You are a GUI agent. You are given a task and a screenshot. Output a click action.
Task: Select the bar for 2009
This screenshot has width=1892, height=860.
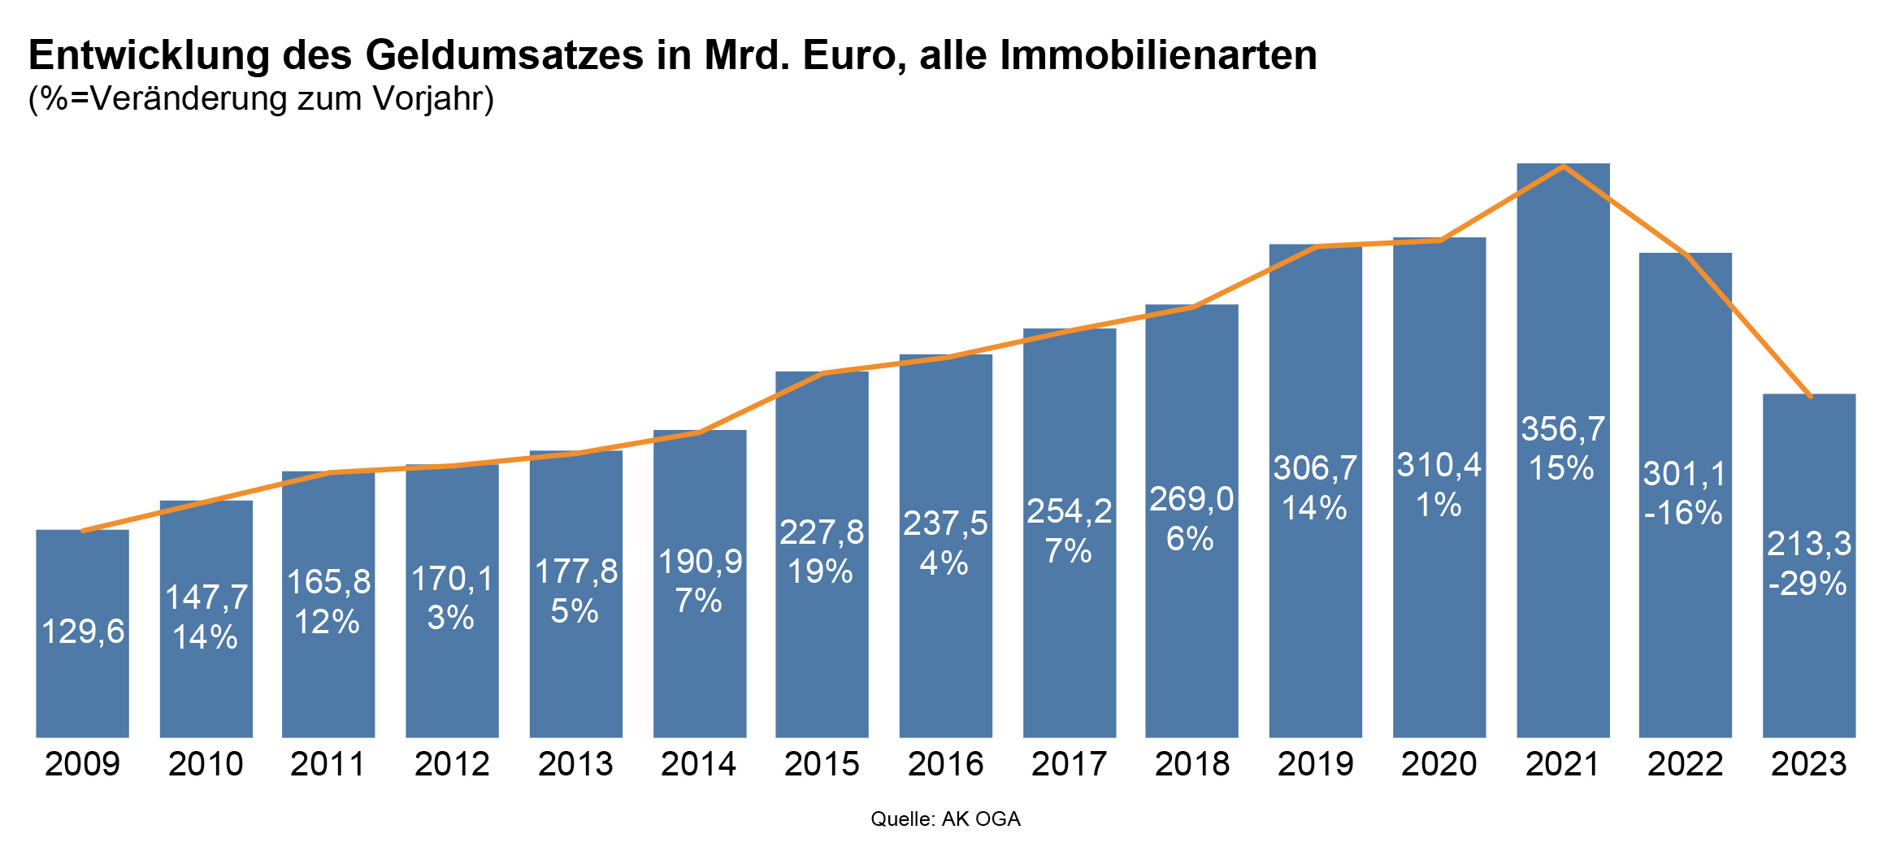point(82,691)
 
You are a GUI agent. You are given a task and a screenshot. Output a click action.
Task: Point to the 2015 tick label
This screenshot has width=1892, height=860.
point(822,764)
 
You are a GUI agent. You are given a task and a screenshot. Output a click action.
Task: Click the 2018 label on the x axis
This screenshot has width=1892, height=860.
point(1191,764)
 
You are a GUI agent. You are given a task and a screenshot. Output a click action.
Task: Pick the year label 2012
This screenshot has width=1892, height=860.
point(452,764)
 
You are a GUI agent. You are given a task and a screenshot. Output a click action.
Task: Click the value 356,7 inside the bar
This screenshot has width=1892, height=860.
point(1562,429)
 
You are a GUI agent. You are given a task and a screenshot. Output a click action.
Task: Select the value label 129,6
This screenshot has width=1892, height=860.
point(83,632)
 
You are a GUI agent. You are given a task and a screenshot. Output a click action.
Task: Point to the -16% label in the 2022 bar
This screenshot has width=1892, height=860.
point(1683,513)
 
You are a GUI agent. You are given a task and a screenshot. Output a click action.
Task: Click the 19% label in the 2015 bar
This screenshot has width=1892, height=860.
point(821,571)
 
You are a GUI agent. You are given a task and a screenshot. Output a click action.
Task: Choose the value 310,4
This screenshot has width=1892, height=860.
point(1439,466)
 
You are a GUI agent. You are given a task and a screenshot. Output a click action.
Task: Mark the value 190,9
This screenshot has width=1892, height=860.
point(700,562)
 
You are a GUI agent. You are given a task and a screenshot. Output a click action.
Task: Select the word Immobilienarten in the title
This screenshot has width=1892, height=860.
point(1158,55)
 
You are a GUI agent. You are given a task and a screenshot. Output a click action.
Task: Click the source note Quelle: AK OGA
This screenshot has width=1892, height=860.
point(945,819)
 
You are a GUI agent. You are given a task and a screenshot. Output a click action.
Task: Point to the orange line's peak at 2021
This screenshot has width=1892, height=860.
point(1563,167)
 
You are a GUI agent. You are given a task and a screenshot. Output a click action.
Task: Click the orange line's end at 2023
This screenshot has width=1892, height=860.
point(1810,397)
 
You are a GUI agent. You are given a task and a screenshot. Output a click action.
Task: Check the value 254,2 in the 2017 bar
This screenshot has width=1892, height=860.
point(1069,511)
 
